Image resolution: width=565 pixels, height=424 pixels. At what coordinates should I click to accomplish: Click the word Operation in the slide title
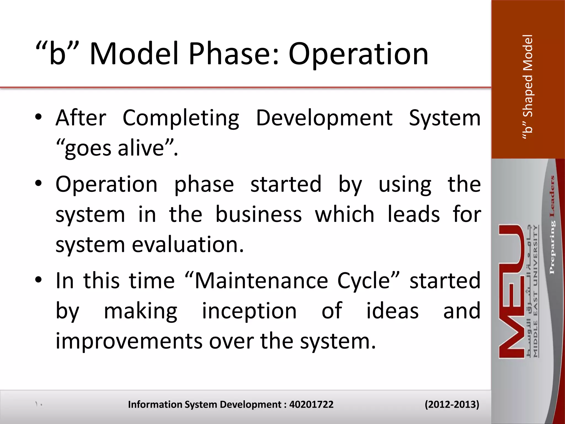[x=358, y=54]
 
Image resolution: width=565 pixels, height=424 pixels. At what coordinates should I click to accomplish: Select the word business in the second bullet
[x=258, y=214]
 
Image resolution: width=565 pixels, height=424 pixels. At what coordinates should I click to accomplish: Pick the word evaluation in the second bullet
[x=188, y=245]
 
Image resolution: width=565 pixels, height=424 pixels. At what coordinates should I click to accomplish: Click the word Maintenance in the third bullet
[x=261, y=281]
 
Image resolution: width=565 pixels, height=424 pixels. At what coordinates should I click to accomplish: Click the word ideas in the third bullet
[x=392, y=311]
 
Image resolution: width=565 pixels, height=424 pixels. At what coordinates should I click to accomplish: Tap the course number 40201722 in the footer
[x=311, y=404]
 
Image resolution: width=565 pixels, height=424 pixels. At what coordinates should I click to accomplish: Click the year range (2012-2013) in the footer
[x=452, y=404]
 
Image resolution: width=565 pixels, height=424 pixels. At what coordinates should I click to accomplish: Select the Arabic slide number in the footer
[x=39, y=404]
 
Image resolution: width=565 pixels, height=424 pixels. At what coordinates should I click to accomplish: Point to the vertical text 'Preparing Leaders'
[x=552, y=225]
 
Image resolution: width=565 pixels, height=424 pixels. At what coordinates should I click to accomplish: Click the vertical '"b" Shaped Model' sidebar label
[x=528, y=87]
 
